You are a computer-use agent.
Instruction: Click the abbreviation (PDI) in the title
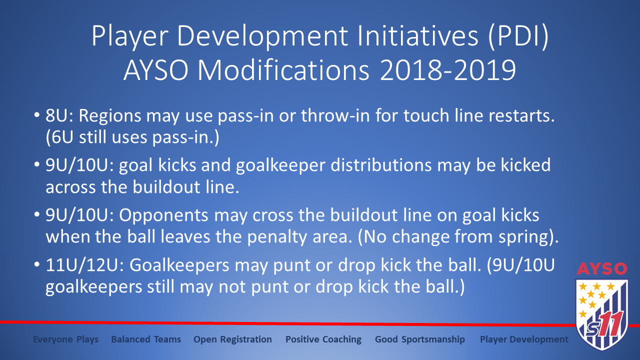point(518,37)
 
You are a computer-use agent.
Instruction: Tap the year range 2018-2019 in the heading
point(448,70)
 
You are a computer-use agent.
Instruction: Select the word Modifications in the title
point(283,70)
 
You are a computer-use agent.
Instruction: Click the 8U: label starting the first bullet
point(59,115)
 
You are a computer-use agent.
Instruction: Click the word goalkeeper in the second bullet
point(280,165)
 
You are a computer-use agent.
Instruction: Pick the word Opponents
point(163,215)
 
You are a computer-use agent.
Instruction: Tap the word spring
point(524,237)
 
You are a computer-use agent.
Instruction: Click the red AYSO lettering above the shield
point(602,268)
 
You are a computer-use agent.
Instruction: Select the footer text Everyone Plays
point(65,339)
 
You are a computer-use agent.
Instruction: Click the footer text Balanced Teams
point(146,339)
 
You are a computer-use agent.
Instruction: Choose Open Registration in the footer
point(232,339)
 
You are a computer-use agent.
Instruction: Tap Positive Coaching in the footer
point(323,339)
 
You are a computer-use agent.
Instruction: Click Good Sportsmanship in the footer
point(419,339)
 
